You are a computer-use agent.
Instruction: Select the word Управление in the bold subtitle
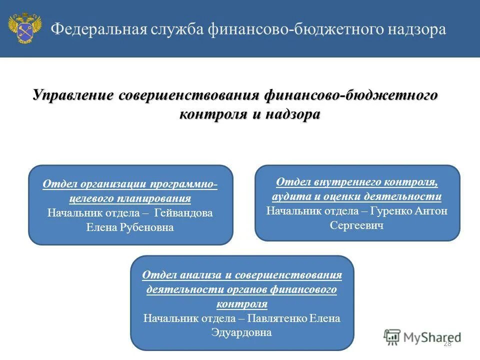tap(73, 95)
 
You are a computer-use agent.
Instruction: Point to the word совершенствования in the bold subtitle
tap(188, 95)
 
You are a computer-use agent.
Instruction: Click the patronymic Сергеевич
tap(357, 225)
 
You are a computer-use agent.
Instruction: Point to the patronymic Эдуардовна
tap(242, 332)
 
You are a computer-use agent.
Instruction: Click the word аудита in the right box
tap(290, 196)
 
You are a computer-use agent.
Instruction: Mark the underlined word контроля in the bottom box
tap(242, 304)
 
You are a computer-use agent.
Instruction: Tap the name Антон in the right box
tap(433, 210)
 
